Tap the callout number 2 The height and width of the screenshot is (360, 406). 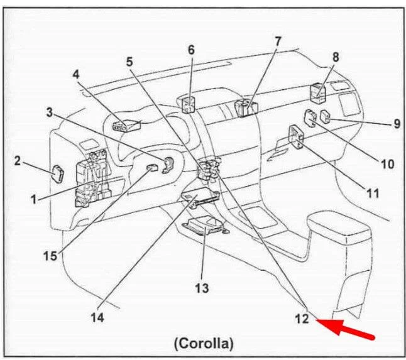click(x=18, y=161)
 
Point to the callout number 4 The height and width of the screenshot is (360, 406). click(x=77, y=74)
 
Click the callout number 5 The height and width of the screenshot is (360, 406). click(x=129, y=62)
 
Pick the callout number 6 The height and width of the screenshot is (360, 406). click(x=191, y=49)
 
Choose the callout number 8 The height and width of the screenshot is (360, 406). click(x=336, y=57)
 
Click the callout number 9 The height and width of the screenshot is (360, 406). click(x=396, y=124)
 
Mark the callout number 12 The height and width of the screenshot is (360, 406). click(x=302, y=319)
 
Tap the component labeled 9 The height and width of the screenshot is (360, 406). click(x=328, y=116)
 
